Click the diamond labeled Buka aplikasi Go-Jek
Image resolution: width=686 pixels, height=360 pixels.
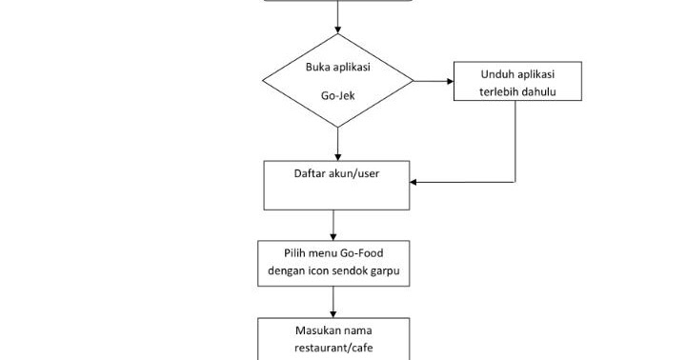(337, 81)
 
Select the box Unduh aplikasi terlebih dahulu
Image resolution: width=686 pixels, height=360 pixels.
(517, 82)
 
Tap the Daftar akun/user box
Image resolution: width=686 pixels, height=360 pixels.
(336, 185)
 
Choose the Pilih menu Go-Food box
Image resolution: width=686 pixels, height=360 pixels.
(333, 263)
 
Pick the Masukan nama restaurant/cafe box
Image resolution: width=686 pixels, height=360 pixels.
(333, 339)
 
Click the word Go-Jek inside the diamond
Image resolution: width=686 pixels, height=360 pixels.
(337, 96)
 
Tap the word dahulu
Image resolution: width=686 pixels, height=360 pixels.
(540, 91)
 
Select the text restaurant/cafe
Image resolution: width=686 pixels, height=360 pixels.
(333, 348)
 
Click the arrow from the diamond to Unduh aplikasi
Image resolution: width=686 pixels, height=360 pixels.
(434, 81)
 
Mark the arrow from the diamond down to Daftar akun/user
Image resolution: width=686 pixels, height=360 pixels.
(337, 143)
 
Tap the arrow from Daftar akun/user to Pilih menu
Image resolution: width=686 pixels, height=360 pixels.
(333, 225)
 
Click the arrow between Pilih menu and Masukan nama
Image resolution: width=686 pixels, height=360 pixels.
(333, 302)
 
